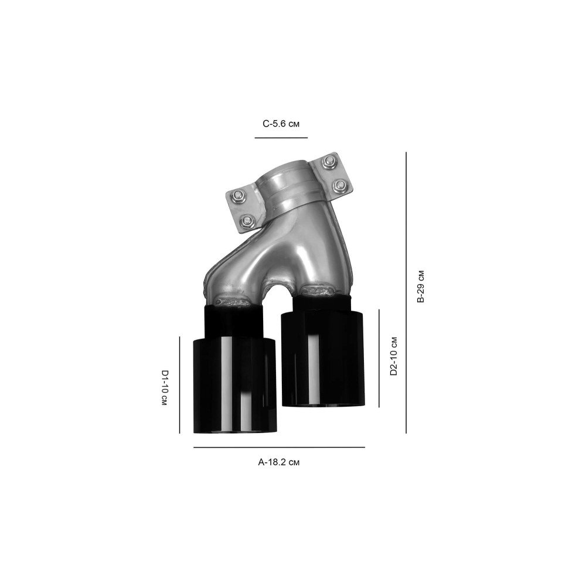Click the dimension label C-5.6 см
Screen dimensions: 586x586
[281, 124]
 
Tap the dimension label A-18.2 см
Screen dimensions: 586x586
[279, 462]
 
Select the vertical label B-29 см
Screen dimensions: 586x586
[421, 287]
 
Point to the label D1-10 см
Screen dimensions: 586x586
[164, 388]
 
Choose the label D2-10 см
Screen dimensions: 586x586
[393, 356]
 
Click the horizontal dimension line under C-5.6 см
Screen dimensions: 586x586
[281, 138]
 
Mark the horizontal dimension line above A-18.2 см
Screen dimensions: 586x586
[279, 447]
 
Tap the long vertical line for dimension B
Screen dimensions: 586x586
[406, 292]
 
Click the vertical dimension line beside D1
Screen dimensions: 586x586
[180, 385]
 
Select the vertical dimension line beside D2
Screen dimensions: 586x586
[379, 358]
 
